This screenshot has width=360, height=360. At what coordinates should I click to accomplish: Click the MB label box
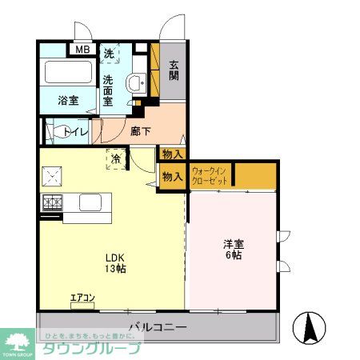click(83, 50)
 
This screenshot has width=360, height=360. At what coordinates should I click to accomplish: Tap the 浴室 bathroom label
click(68, 101)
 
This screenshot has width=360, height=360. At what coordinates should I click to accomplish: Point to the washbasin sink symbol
click(135, 80)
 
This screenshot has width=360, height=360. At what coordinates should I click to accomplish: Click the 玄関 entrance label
click(174, 77)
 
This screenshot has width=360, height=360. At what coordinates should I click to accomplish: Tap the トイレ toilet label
click(76, 131)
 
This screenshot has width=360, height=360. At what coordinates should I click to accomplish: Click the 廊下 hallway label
click(141, 130)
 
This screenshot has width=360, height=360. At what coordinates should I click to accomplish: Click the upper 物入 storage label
click(172, 154)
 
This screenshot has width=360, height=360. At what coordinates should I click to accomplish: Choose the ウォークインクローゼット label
click(210, 175)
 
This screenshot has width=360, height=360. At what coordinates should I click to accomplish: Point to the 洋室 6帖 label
click(234, 249)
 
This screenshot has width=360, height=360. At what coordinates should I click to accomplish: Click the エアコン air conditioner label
click(82, 298)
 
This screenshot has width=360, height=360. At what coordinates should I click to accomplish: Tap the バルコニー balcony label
click(157, 328)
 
